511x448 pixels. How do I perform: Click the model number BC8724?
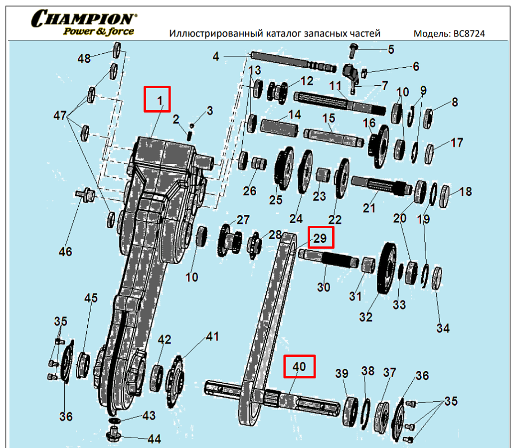pos(468,34)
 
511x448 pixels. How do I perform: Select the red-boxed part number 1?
pos(158,99)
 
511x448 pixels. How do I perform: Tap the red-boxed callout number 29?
pos(320,238)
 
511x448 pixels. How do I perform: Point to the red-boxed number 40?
pos(300,366)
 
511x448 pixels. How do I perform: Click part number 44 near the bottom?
pos(154,439)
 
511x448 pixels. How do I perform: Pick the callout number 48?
pos(84,58)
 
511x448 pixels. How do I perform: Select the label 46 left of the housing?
pos(65,251)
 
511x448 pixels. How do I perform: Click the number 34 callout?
pos(443,328)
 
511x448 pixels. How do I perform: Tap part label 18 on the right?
pos(465,191)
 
